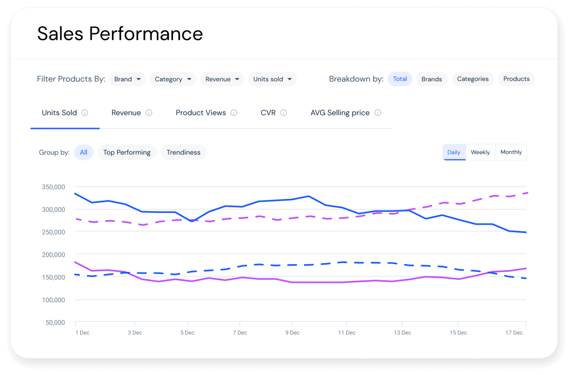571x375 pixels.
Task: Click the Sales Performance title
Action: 120,33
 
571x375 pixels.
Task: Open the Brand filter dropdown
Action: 127,79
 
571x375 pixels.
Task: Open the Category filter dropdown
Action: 173,79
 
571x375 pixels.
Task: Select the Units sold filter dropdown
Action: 272,79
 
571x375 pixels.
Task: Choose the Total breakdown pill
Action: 400,79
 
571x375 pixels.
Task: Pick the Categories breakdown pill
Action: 472,79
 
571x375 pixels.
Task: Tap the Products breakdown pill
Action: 516,79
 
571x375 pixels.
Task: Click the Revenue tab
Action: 126,113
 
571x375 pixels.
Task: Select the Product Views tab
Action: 201,113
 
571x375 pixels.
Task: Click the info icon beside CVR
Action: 283,113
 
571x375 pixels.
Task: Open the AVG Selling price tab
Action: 340,113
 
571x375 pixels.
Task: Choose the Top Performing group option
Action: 127,152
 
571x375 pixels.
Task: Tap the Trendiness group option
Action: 183,152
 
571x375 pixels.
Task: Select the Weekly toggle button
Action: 480,152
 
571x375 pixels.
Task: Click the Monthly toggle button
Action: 511,152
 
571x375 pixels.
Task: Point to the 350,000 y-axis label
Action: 54,187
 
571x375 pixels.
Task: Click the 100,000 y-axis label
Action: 54,300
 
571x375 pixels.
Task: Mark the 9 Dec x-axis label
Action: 292,333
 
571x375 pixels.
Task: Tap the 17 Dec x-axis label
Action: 514,333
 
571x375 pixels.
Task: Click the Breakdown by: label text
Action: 356,79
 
